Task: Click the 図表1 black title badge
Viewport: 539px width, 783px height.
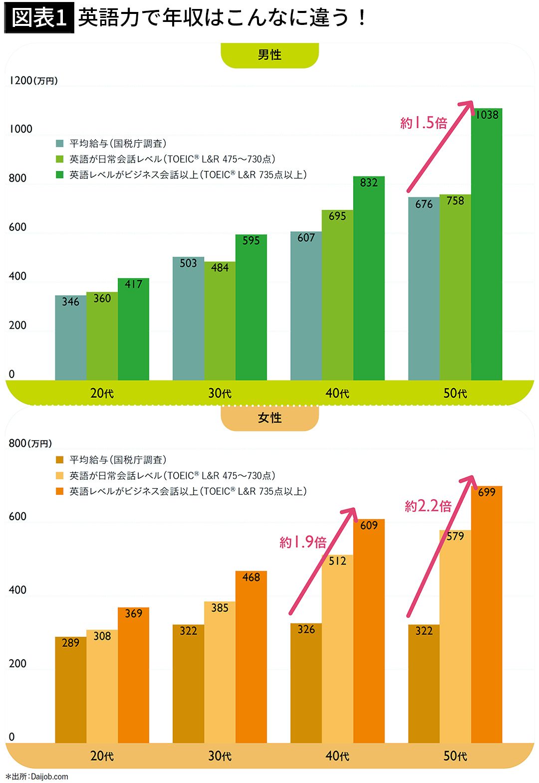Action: [x=39, y=18]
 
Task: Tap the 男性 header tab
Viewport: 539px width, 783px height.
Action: [x=269, y=55]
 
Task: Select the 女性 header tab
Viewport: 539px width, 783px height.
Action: [x=269, y=418]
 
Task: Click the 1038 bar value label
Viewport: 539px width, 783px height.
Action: [x=487, y=115]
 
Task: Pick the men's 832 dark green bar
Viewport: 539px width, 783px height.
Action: [x=369, y=279]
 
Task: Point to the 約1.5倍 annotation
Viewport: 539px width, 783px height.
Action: [x=424, y=123]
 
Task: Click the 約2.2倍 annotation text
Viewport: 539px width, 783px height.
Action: [x=428, y=506]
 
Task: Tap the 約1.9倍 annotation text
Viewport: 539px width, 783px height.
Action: [x=303, y=542]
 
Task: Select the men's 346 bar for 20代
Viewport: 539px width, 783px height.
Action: [x=70, y=339]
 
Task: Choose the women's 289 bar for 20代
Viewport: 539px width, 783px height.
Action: [x=70, y=691]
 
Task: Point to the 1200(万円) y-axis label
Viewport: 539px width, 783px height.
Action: [x=33, y=80]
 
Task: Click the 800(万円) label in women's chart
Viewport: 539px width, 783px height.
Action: [x=30, y=443]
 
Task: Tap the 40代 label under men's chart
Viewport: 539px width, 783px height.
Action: [x=337, y=393]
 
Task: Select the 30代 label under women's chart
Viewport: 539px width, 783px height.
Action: [x=220, y=756]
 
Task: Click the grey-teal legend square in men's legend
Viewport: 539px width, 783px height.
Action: [x=60, y=144]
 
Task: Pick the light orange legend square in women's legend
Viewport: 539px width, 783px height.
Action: [x=60, y=476]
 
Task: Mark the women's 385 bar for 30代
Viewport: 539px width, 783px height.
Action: [x=220, y=673]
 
